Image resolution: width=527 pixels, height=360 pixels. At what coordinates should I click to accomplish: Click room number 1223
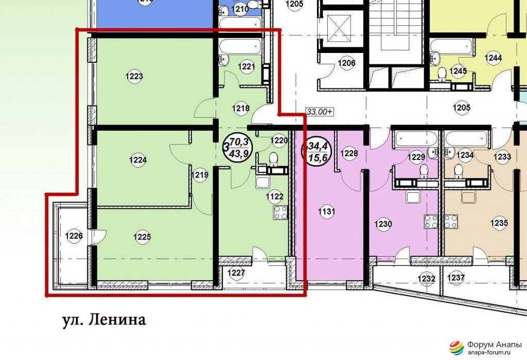pos(134,76)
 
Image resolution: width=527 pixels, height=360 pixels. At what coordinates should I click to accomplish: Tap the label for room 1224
pos(138,160)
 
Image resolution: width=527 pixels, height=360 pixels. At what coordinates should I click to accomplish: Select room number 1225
pos(142,237)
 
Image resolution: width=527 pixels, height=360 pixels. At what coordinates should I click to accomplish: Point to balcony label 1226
pos(74,236)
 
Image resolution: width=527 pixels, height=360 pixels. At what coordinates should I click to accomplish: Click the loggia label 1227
pos(236,273)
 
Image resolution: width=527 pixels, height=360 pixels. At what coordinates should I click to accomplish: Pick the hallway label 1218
pos(241,108)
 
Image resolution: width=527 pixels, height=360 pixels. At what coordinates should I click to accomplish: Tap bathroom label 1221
pos(247,66)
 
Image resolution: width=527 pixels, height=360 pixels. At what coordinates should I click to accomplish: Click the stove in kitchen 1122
pos(280,212)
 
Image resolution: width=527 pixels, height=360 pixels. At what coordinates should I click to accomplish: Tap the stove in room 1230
pos(431,221)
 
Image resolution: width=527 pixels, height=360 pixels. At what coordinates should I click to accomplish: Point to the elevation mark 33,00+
pos(319,112)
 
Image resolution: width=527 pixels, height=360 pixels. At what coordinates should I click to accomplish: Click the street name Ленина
pos(117,320)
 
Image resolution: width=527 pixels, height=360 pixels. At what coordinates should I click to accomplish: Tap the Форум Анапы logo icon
pos(456,348)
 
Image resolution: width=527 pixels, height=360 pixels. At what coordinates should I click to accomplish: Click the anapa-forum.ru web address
pos(489,352)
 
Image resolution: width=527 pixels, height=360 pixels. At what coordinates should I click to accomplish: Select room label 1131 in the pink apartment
pos(326,211)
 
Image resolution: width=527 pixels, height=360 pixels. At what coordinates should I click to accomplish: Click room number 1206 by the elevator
pos(346,63)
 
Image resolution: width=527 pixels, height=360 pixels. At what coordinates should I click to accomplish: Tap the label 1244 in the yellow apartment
pos(493,58)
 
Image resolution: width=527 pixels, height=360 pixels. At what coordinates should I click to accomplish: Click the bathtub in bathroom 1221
pos(240,46)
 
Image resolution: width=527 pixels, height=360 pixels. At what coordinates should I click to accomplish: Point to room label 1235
pos(499,223)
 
